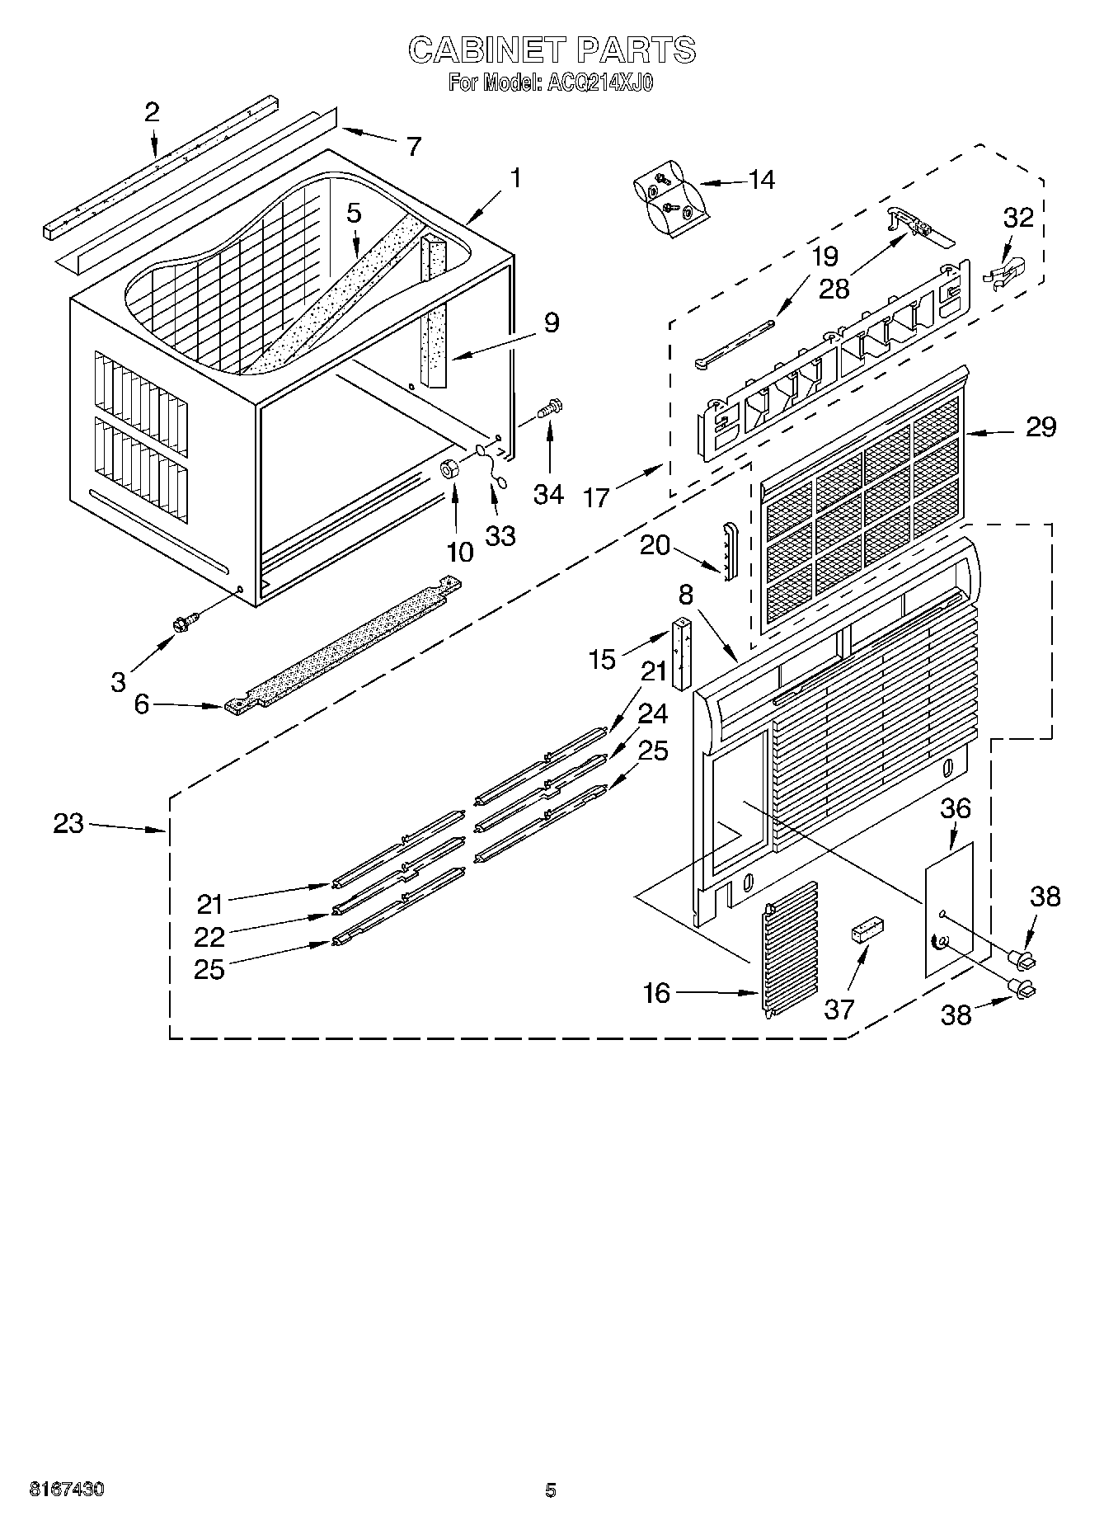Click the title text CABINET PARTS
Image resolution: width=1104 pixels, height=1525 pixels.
[x=552, y=50]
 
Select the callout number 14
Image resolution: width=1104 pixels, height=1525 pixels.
[x=760, y=180]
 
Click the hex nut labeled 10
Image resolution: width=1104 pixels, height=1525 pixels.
[x=451, y=469]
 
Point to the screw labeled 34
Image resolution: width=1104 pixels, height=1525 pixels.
[x=548, y=407]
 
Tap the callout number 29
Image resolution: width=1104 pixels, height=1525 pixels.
[x=1041, y=427]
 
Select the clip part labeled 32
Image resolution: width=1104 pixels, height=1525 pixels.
[x=1008, y=272]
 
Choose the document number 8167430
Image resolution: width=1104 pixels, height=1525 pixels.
[x=67, y=1490]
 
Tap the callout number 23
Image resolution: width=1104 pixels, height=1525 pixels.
[x=69, y=823]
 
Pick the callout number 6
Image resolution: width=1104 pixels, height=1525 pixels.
[x=142, y=704]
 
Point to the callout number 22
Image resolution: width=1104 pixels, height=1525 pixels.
[x=209, y=937]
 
